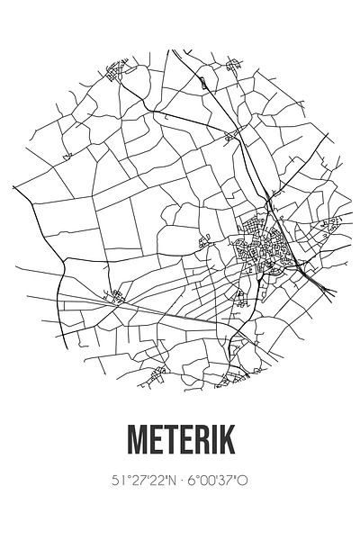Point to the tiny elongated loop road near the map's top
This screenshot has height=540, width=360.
click(203, 82)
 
